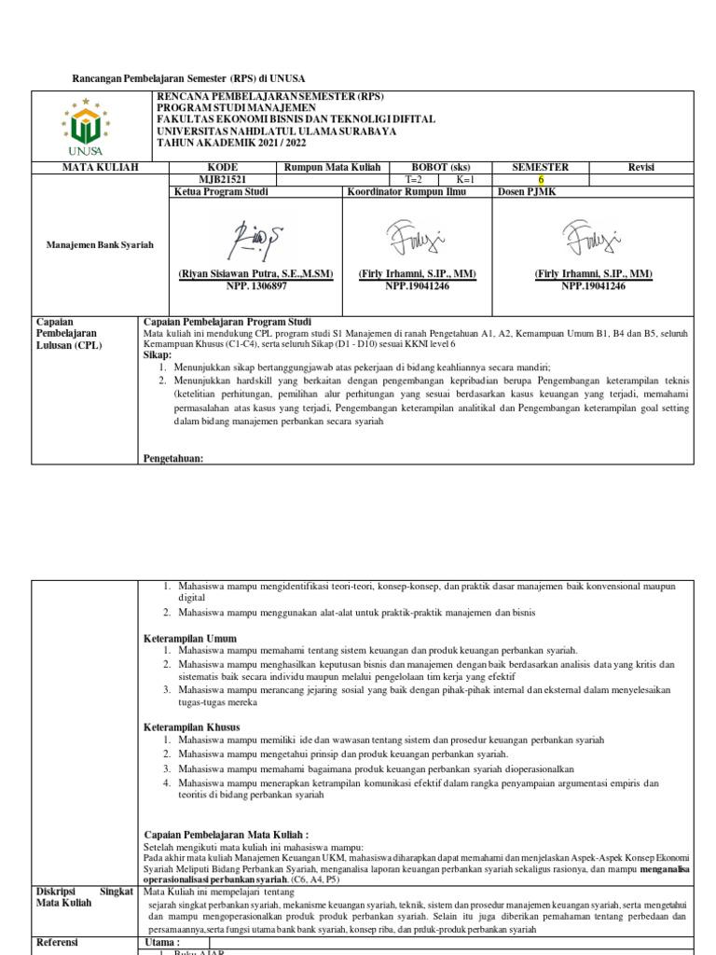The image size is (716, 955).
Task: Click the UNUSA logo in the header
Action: tap(90, 126)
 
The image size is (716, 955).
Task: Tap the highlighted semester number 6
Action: tap(541, 180)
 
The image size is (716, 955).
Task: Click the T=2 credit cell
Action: tap(413, 180)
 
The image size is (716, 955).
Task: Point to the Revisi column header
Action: tap(640, 167)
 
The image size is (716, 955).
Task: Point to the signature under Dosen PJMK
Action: tap(593, 237)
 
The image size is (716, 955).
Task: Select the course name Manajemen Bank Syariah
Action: tap(100, 244)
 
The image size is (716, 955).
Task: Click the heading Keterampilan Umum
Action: tap(189, 638)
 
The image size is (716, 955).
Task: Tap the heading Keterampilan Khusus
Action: tap(191, 727)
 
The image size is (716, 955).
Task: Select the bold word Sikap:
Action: tap(158, 355)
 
